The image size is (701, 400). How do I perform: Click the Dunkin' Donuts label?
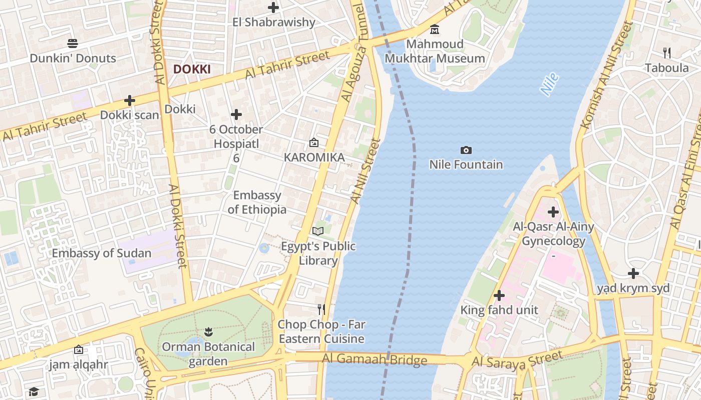[x=73, y=58]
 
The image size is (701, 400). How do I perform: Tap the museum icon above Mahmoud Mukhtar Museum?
[x=435, y=29]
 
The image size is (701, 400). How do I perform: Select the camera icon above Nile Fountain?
[x=466, y=150]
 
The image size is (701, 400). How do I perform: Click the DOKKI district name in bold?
[x=192, y=69]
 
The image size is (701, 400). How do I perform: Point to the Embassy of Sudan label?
[x=102, y=253]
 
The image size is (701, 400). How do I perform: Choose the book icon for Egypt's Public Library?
[x=318, y=231]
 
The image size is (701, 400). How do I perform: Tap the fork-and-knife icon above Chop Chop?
[x=321, y=309]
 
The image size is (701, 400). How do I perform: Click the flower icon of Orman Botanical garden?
[x=208, y=331]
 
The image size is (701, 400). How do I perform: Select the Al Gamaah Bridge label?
[x=375, y=359]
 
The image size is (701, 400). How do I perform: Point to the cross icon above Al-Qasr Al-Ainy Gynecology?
[x=553, y=212]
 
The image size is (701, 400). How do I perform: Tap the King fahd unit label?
[x=499, y=310]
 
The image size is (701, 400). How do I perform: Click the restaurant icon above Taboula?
[x=666, y=52]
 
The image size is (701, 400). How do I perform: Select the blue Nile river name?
[x=549, y=84]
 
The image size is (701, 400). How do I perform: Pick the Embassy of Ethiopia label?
[x=257, y=202]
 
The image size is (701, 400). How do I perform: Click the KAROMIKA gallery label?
[x=314, y=157]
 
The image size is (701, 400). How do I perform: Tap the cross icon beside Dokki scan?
[x=130, y=100]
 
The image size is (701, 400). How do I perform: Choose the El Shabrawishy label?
[x=274, y=22]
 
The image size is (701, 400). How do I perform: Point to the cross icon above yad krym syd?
[x=633, y=273]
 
